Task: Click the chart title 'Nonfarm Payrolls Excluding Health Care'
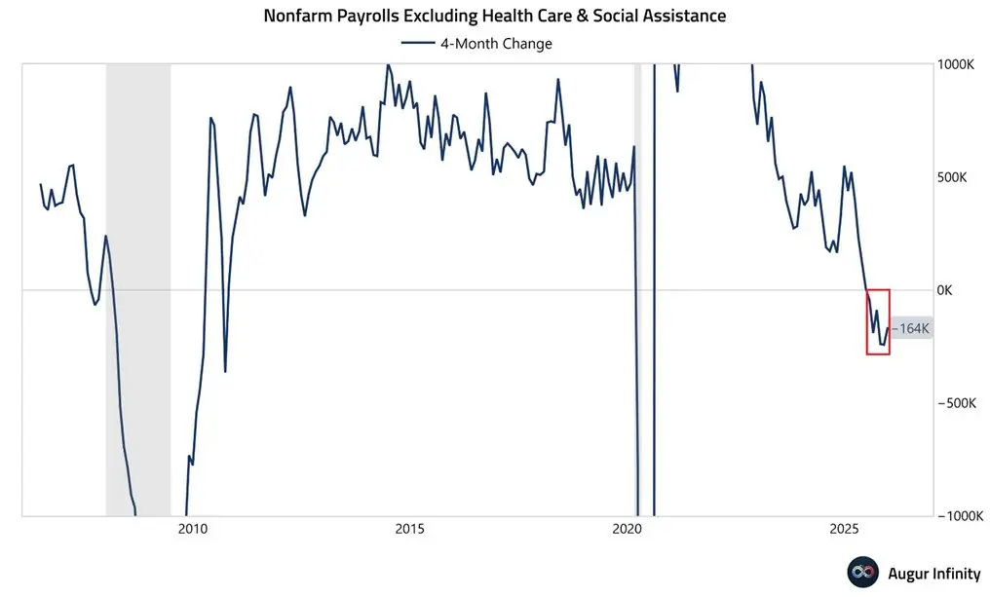(x=495, y=17)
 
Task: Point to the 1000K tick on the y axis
(x=959, y=64)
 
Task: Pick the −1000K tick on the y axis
(x=961, y=516)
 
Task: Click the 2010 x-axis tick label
(x=193, y=530)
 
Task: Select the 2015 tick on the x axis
(x=410, y=530)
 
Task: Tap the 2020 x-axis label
(x=628, y=530)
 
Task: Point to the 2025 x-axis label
(x=844, y=530)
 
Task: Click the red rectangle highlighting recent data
(x=878, y=321)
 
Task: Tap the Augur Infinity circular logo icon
(x=860, y=574)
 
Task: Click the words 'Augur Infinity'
(x=933, y=574)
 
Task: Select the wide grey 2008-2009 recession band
(x=138, y=292)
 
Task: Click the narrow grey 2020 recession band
(x=638, y=292)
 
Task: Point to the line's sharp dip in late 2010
(x=225, y=371)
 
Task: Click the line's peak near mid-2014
(x=387, y=65)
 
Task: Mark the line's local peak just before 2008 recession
(x=106, y=236)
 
